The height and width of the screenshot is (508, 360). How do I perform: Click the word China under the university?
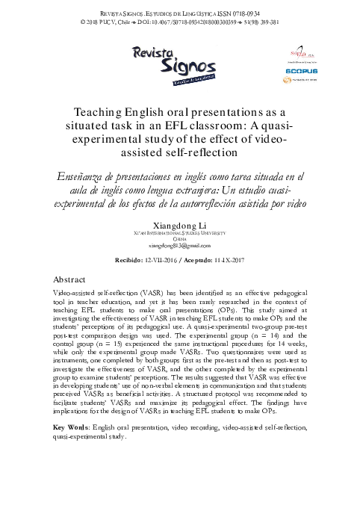click(179, 217)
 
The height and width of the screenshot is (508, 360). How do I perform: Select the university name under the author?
click(179, 211)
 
